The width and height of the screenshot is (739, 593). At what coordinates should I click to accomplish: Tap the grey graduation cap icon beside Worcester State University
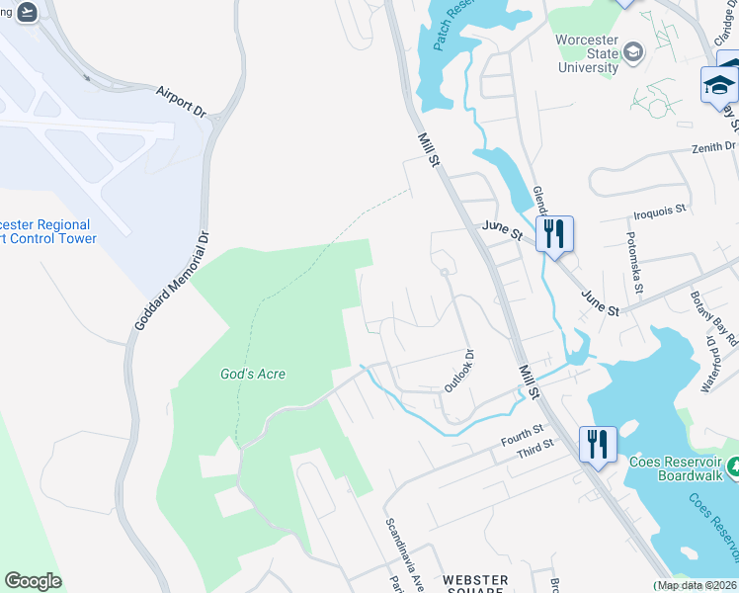633,51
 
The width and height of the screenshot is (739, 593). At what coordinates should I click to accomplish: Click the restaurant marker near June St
554,235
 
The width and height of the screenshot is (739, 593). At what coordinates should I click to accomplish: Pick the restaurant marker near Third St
598,445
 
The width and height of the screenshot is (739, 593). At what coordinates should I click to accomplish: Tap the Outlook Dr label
459,370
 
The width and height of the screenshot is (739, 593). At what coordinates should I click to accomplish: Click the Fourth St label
523,434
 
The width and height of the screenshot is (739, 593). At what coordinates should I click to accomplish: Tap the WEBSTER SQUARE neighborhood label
476,585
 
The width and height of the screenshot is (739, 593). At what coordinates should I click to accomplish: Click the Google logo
33,581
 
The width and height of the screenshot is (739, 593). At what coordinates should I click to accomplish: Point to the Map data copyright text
696,585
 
